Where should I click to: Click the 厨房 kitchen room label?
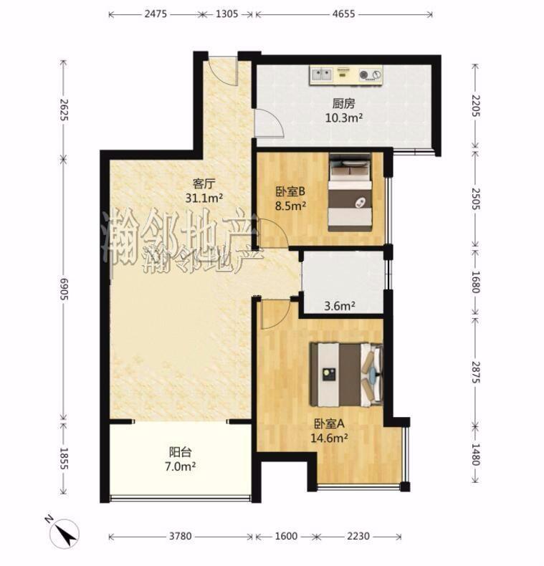tap(343, 104)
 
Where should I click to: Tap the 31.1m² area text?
tap(204, 198)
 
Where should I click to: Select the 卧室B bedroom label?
tap(290, 192)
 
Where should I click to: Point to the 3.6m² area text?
tap(340, 307)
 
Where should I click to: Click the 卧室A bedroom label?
tap(329, 423)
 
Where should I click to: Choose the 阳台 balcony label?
tap(180, 452)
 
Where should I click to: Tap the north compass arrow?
tap(65, 534)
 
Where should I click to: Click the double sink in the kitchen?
tap(322, 75)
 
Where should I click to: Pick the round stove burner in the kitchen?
tap(363, 75)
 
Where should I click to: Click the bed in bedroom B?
tap(350, 193)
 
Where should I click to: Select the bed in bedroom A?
tap(346, 374)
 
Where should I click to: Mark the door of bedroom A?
tap(275, 314)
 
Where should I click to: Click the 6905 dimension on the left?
tap(64, 289)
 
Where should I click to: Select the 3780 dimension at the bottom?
tap(180, 536)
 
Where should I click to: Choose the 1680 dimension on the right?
tap(476, 282)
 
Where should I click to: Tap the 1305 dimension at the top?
tap(226, 14)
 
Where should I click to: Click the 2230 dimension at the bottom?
tap(358, 536)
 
